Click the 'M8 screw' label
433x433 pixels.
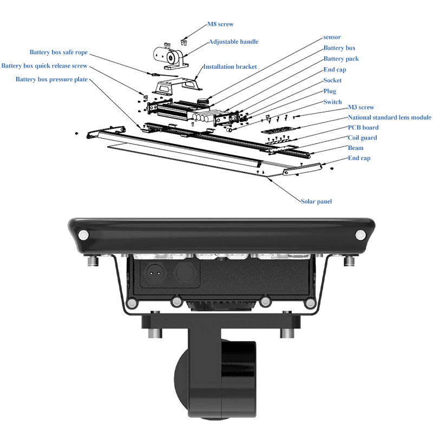pyautogui.click(x=220, y=24)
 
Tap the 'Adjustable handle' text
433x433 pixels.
pyautogui.click(x=233, y=42)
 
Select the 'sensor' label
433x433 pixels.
pyautogui.click(x=332, y=37)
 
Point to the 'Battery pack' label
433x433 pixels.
pyautogui.click(x=341, y=58)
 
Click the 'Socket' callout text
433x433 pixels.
pyautogui.click(x=332, y=80)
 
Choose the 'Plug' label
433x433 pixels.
pyautogui.click(x=330, y=91)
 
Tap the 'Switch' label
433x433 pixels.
pyautogui.click(x=332, y=102)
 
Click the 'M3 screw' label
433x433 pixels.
pyautogui.click(x=360, y=107)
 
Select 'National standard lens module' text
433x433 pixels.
pyautogui.click(x=389, y=117)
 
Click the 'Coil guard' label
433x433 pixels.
pyautogui.click(x=362, y=137)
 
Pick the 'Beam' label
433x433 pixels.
pyautogui.click(x=356, y=148)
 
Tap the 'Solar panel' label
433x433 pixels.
pyautogui.click(x=316, y=201)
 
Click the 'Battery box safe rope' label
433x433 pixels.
pyautogui.click(x=58, y=53)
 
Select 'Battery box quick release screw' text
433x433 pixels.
pyautogui.click(x=44, y=66)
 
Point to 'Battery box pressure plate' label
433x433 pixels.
pyautogui.click(x=52, y=80)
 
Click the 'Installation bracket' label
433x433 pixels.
pyautogui.click(x=230, y=67)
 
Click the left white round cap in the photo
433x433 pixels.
pyautogui.click(x=83, y=235)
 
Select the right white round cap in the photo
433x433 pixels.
pyautogui.click(x=360, y=235)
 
